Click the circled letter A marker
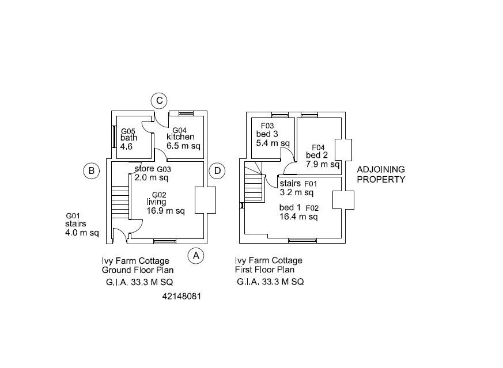[x=196, y=255]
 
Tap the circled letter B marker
[x=91, y=170]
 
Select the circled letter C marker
[x=160, y=101]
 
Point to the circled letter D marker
[x=217, y=170]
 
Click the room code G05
[x=128, y=131]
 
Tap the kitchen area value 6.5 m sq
[x=183, y=146]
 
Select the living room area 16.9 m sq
[x=166, y=211]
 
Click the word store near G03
[x=145, y=169]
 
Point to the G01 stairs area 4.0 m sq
[x=82, y=233]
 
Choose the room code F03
[x=267, y=126]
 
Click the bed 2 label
[x=317, y=155]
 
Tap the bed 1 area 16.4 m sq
[x=298, y=217]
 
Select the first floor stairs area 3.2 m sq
[x=296, y=192]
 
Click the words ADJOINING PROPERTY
[x=381, y=174]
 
